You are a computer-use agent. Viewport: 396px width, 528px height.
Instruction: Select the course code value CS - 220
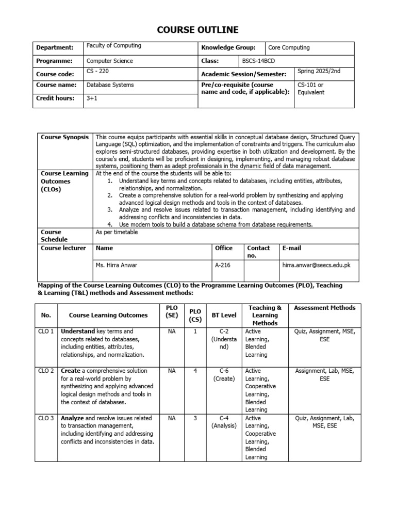[97, 72]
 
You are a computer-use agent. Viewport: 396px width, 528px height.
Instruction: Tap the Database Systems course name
[110, 85]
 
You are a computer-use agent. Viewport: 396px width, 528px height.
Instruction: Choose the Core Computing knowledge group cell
[289, 48]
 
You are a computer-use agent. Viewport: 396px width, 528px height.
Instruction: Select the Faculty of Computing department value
[113, 46]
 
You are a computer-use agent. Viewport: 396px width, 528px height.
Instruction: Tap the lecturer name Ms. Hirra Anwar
[117, 266]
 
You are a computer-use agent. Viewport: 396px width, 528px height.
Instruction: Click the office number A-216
[222, 266]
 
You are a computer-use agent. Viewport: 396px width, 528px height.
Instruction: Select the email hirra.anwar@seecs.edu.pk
[316, 266]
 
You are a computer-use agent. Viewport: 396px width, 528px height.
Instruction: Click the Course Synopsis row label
[64, 137]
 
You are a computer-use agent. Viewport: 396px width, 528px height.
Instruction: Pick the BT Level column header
[224, 315]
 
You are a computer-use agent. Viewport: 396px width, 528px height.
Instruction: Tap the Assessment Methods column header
[324, 308]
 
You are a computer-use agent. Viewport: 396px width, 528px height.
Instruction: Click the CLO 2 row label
[46, 371]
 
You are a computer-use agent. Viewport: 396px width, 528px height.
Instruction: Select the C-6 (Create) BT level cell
[224, 374]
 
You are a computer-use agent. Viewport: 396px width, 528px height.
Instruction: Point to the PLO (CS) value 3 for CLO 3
[195, 418]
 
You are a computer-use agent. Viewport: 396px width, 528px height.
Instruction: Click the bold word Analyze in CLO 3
[72, 418]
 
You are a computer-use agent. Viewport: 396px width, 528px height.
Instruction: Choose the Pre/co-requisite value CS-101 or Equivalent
[311, 89]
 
